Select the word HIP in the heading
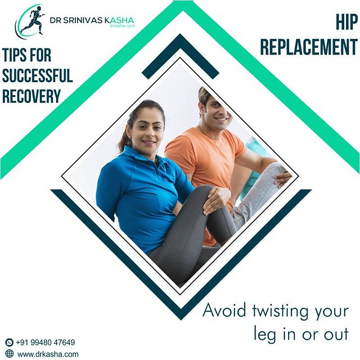coord(344,22)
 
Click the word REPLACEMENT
coord(308,47)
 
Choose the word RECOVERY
coord(31,96)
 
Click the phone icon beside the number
coord(9,342)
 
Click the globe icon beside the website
coord(9,354)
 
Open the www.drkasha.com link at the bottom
coord(48,354)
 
